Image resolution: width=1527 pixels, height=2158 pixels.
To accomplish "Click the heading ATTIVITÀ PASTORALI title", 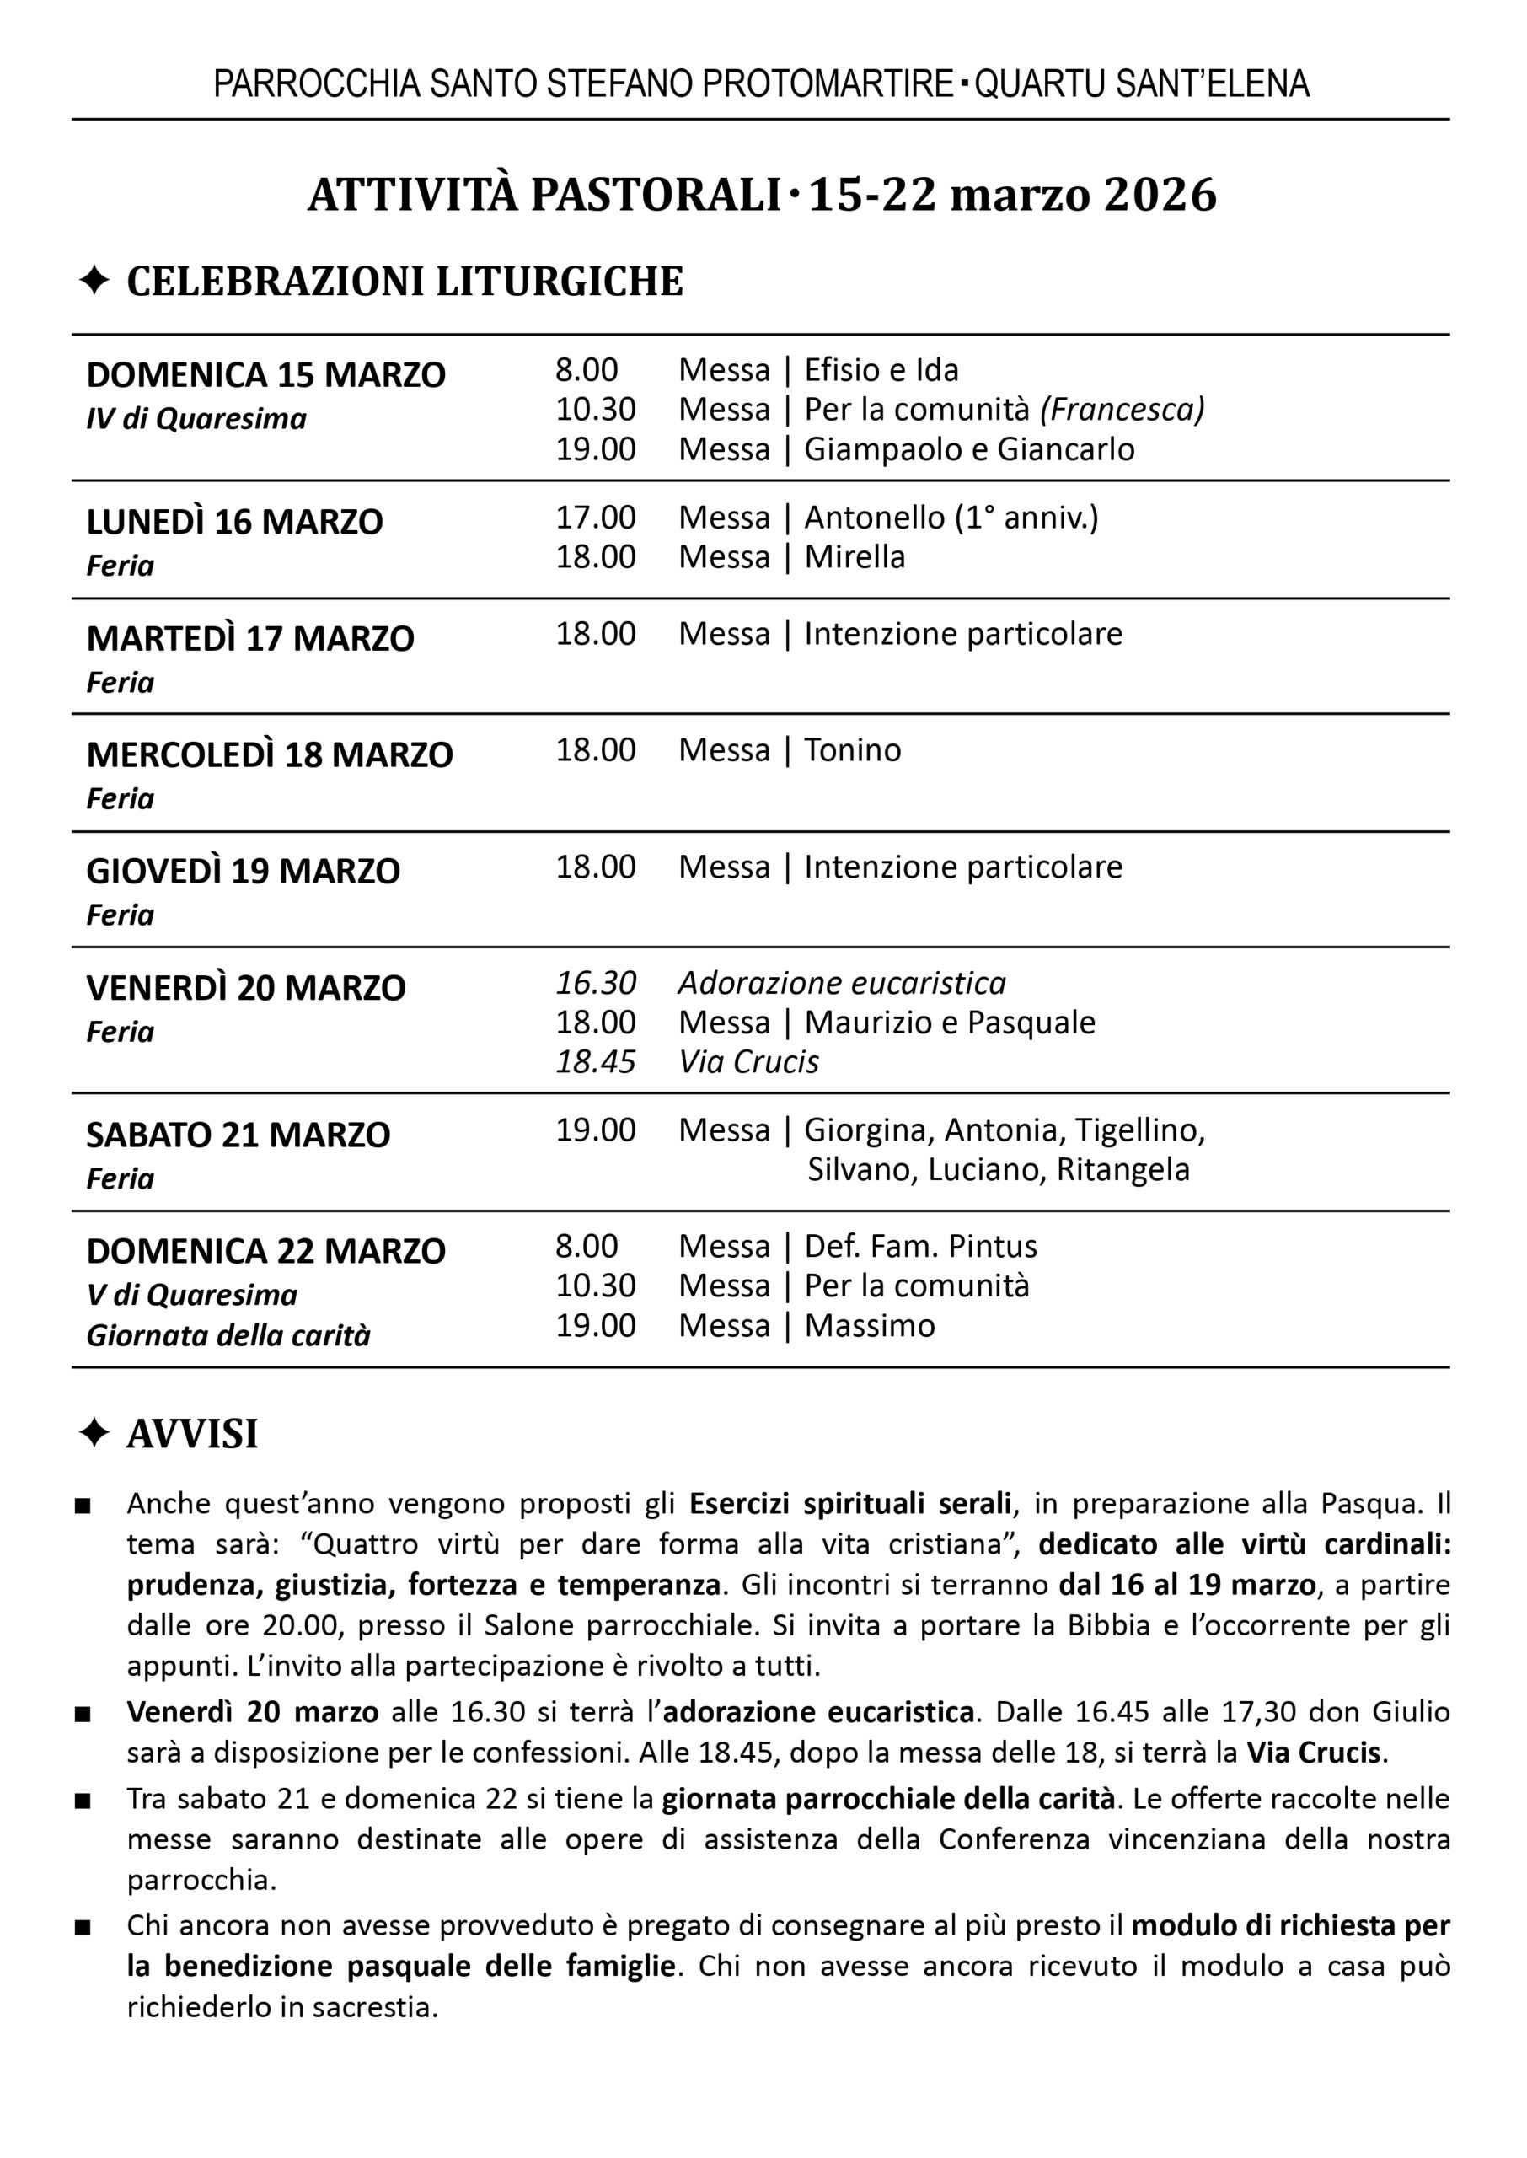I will click(x=545, y=195).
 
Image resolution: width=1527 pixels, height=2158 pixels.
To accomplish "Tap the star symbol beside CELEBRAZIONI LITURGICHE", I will click(x=94, y=280).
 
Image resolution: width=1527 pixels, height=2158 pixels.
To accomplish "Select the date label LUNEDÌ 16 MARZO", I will click(x=234, y=522).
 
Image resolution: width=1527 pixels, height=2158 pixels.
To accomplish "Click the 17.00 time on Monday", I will click(x=595, y=518).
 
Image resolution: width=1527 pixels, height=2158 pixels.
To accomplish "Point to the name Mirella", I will click(x=854, y=556).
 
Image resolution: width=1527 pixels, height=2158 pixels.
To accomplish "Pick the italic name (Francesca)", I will click(x=1122, y=409).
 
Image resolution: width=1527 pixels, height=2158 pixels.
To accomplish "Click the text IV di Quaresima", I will click(x=196, y=418).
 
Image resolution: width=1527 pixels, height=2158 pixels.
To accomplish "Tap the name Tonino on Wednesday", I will click(x=852, y=749).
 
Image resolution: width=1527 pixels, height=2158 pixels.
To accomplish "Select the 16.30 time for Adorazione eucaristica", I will click(x=595, y=983).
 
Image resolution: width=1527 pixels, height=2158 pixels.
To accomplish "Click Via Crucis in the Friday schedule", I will click(x=748, y=1061).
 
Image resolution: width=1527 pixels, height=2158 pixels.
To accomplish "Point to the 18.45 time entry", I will click(x=595, y=1061).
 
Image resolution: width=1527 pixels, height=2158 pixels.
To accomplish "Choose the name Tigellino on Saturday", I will click(x=1139, y=1130).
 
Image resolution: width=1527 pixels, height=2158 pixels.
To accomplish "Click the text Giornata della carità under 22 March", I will click(x=228, y=1335).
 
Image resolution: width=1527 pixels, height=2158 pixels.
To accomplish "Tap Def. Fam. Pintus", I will click(x=919, y=1246).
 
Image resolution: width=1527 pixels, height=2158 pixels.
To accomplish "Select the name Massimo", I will click(x=869, y=1325).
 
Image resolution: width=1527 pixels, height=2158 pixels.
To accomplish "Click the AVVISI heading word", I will click(x=192, y=1434).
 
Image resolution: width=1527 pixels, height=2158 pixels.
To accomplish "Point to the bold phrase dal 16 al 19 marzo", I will click(x=1187, y=1585).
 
